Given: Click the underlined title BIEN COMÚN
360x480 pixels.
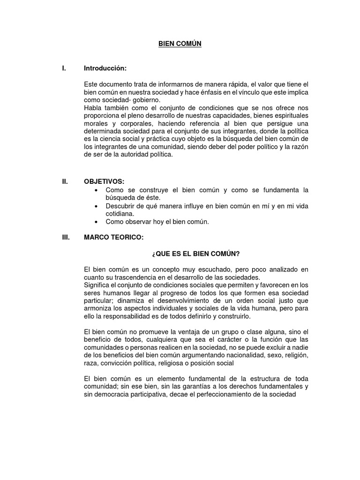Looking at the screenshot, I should pyautogui.click(x=179, y=44).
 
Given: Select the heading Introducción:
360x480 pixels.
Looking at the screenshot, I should pyautogui.click(x=105, y=68).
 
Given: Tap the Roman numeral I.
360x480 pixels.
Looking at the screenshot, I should pyautogui.click(x=64, y=68).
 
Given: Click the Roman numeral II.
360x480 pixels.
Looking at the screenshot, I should pyautogui.click(x=65, y=182).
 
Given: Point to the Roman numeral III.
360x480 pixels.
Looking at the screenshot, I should pyautogui.click(x=66, y=238).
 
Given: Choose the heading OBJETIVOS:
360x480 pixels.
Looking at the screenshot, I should pyautogui.click(x=105, y=182).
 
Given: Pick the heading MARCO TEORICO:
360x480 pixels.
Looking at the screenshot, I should pyautogui.click(x=114, y=238).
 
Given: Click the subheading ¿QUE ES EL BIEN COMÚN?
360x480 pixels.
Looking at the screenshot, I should pyautogui.click(x=195, y=254).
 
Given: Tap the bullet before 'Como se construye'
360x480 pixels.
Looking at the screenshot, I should pyautogui.click(x=96, y=190).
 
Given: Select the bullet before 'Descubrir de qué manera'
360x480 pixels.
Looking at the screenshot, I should pyautogui.click(x=96, y=206).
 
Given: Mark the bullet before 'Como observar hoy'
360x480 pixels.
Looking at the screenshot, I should pyautogui.click(x=96, y=222).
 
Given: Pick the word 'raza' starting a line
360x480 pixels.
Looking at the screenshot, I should pyautogui.click(x=90, y=363).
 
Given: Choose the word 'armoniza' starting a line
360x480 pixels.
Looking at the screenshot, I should pyautogui.click(x=98, y=308).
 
